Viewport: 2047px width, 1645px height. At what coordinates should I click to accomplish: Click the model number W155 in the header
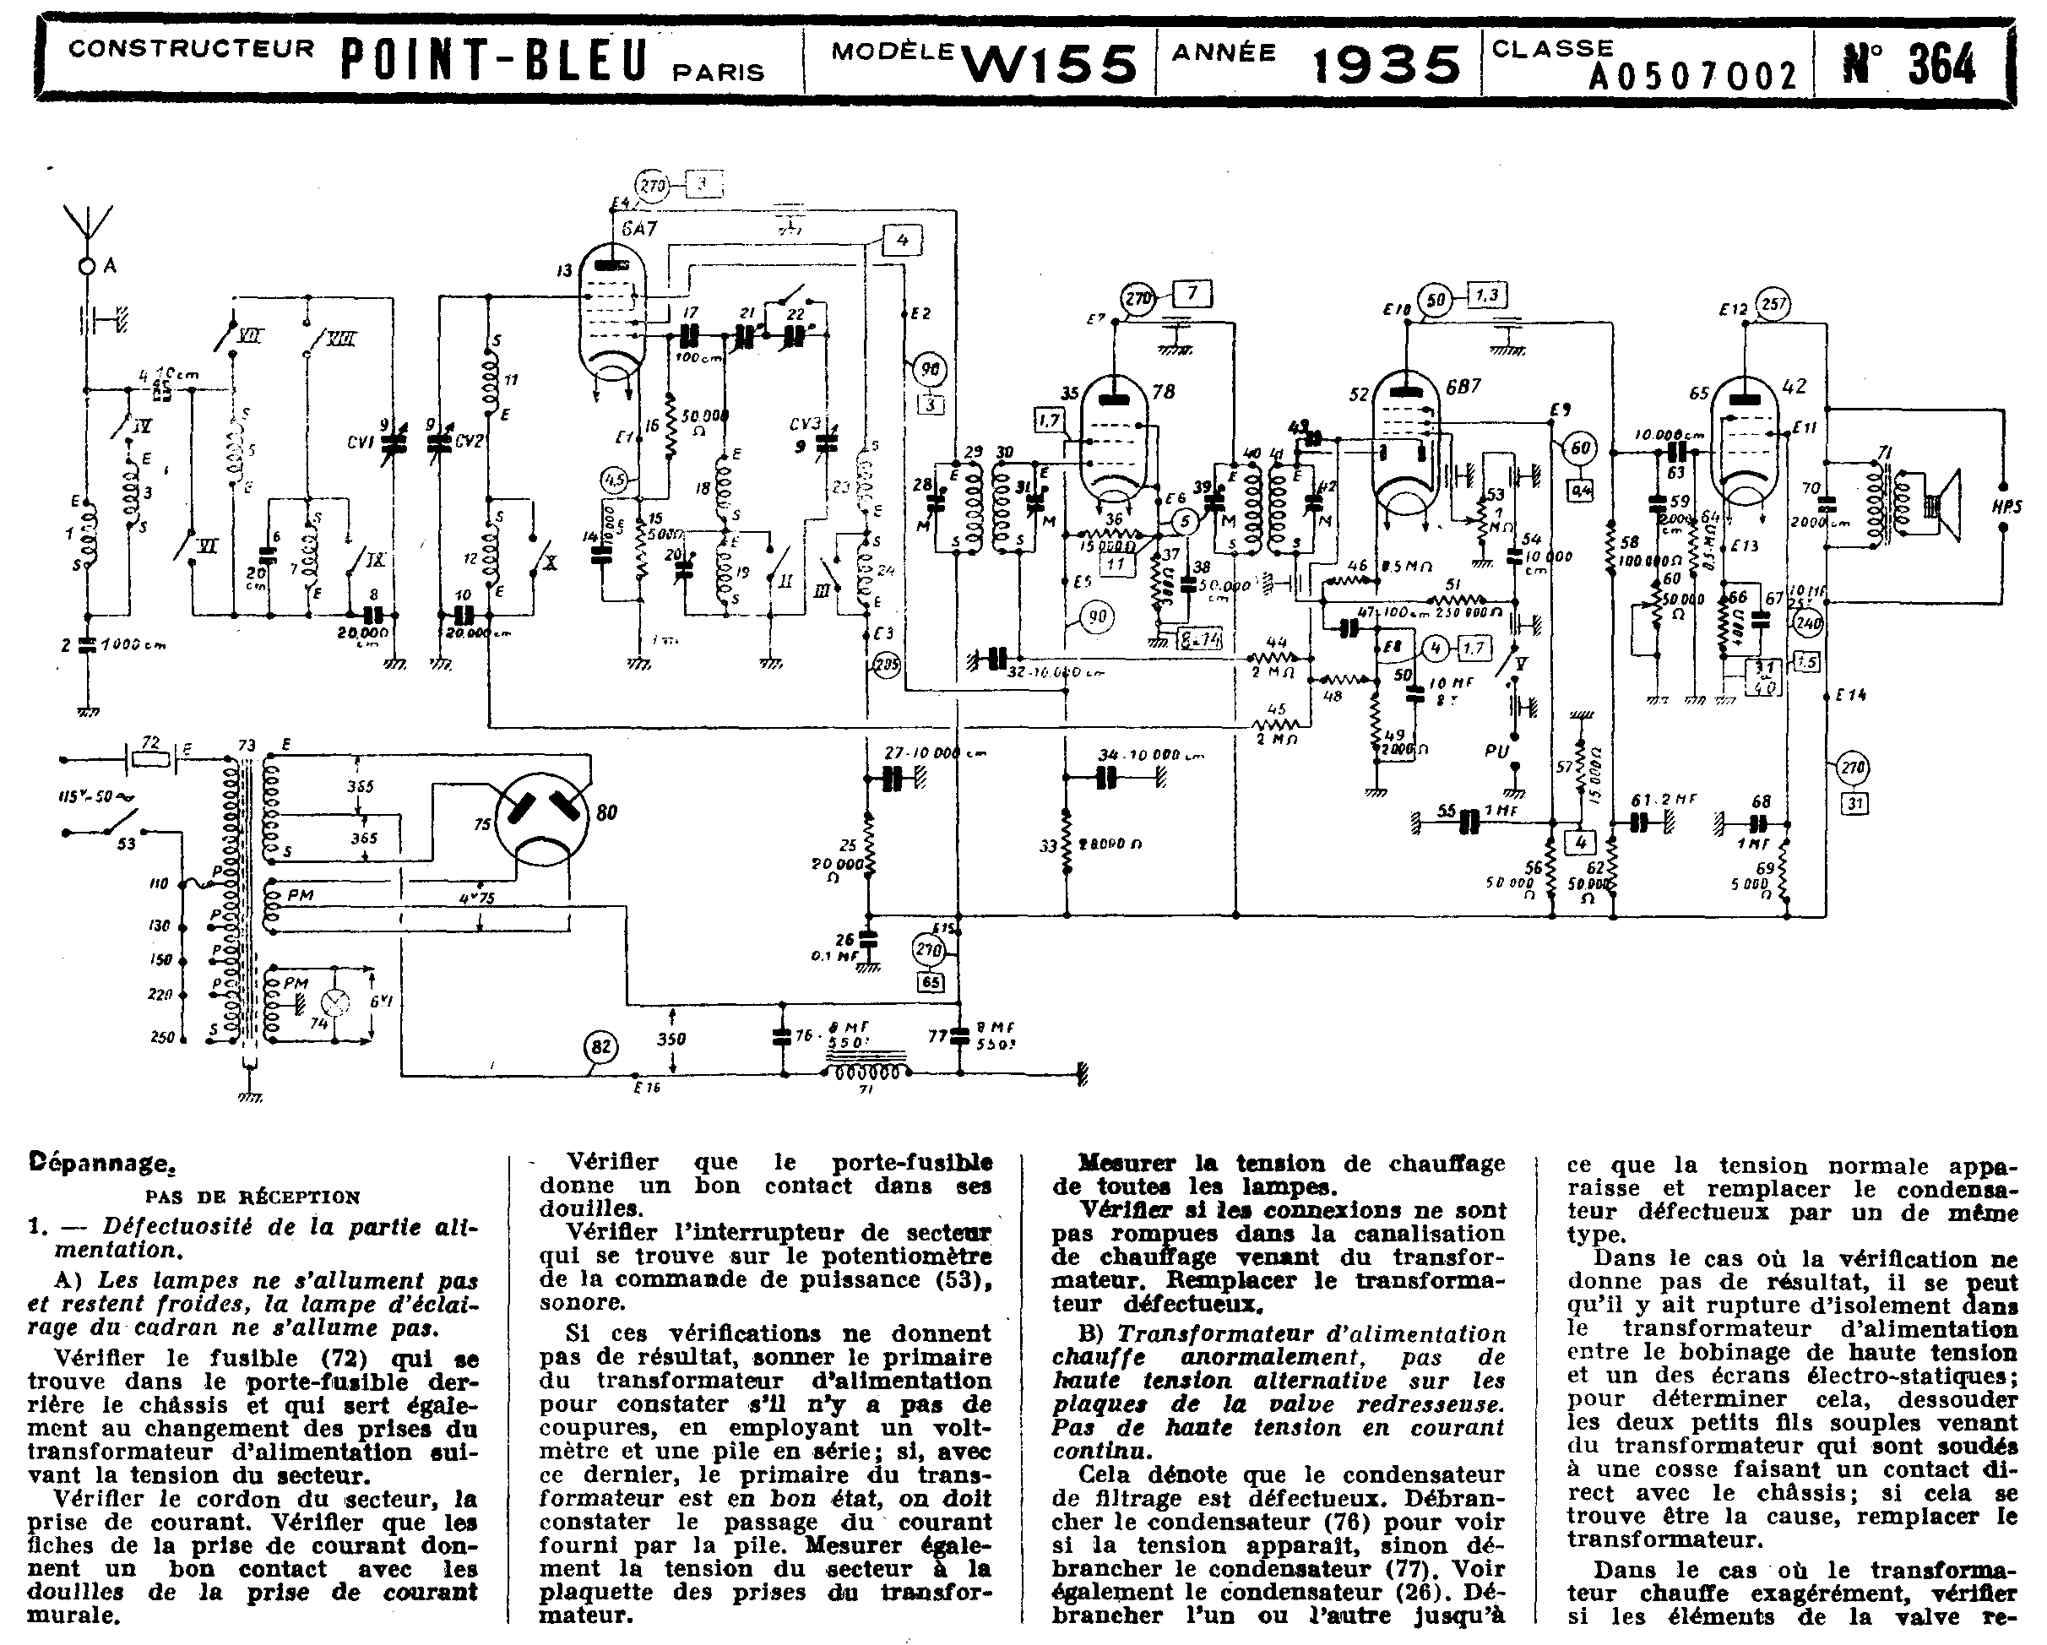click(1049, 63)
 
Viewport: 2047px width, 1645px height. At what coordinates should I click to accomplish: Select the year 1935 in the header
click(1386, 63)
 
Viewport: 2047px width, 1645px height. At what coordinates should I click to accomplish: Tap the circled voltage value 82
click(600, 1047)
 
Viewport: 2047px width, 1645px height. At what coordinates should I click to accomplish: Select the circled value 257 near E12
click(1772, 305)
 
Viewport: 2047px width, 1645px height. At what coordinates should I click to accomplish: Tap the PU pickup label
click(1496, 751)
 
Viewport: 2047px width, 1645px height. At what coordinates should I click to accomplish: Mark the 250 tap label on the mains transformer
click(162, 1038)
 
